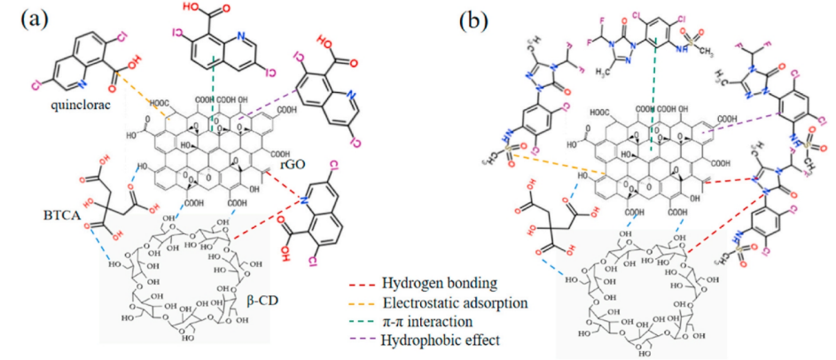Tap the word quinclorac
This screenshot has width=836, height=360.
[x=61, y=108]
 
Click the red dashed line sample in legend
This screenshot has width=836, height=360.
[x=359, y=286]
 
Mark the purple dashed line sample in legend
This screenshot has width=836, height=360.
[x=359, y=340]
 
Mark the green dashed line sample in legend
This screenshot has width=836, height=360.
[x=359, y=322]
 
